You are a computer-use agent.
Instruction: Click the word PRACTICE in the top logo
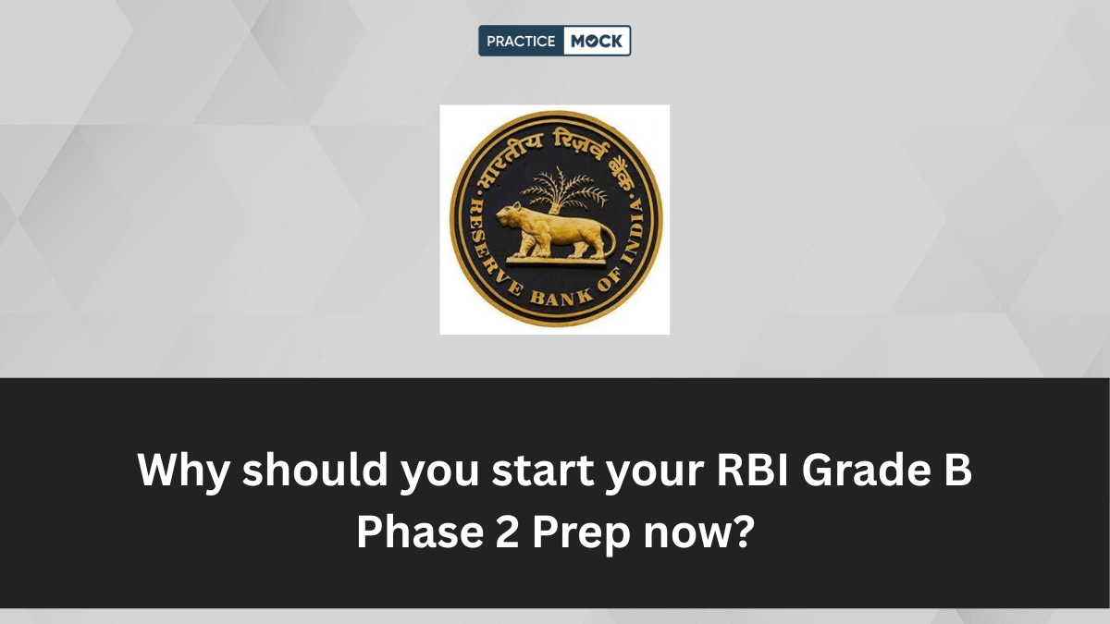(x=522, y=41)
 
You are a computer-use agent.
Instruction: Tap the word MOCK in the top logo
(x=598, y=41)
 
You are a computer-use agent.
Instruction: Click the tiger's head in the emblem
(x=507, y=219)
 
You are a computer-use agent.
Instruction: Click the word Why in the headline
(x=182, y=471)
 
